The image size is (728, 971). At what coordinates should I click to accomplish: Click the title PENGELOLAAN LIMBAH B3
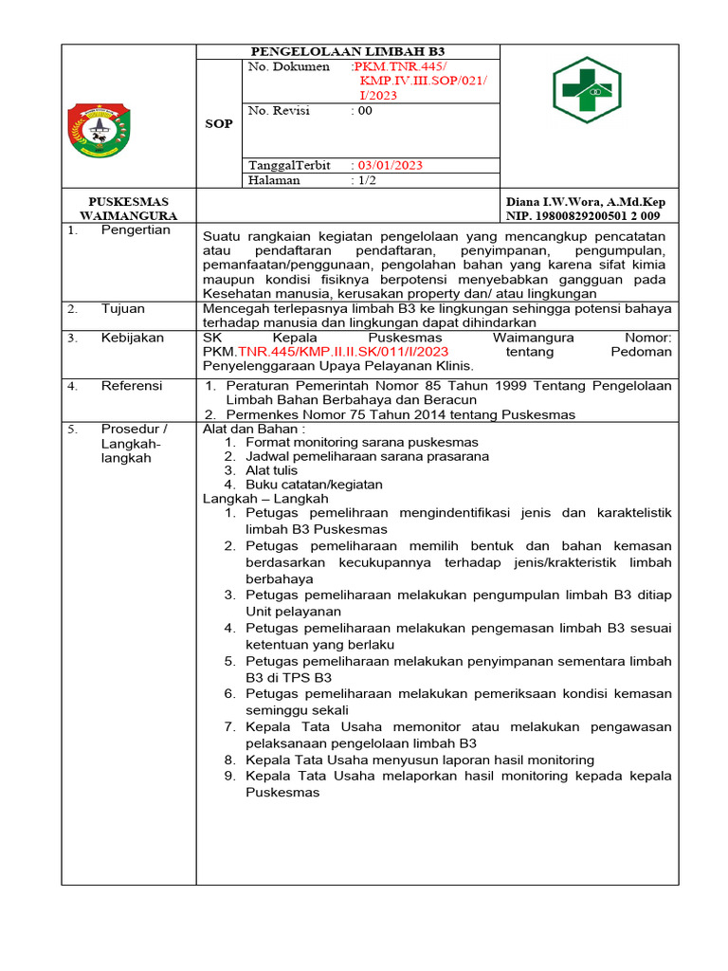click(347, 51)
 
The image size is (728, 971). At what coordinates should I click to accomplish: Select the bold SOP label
click(219, 124)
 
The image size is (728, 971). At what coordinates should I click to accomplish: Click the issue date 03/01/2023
click(387, 165)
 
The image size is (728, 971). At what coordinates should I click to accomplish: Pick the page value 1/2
click(363, 180)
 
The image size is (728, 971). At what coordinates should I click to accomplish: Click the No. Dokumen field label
click(288, 67)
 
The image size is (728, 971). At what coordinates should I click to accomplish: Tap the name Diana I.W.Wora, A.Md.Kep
click(586, 202)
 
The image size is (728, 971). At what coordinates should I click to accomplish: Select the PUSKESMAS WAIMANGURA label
click(128, 209)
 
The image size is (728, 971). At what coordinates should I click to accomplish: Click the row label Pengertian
click(136, 229)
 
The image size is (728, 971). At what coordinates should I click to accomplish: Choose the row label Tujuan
click(124, 309)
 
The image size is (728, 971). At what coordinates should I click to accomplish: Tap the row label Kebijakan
click(132, 338)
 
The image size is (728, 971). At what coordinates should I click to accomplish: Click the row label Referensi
click(132, 386)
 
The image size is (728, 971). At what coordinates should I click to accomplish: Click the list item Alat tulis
click(271, 470)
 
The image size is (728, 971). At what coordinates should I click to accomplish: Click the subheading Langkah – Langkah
click(265, 499)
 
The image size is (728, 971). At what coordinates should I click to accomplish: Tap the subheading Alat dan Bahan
click(254, 429)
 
